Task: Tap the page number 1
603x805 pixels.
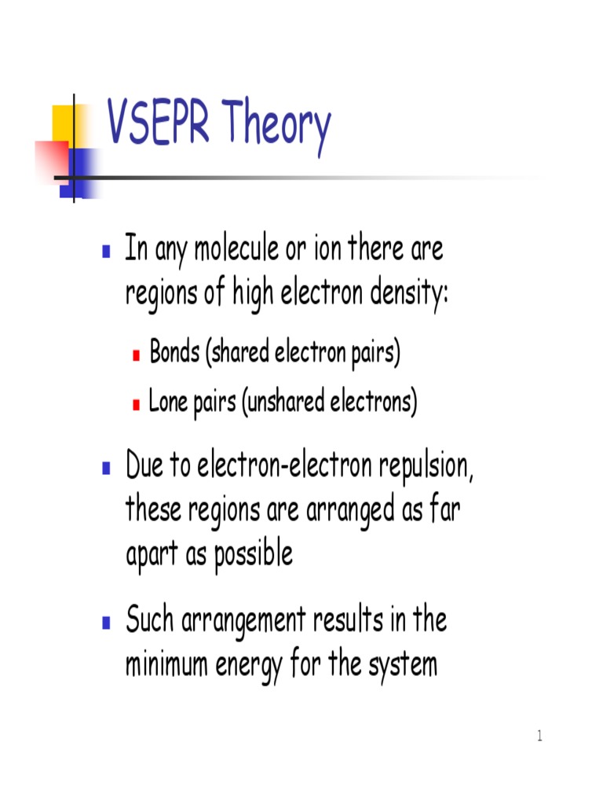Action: click(x=539, y=736)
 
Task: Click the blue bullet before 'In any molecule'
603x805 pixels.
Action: click(x=106, y=252)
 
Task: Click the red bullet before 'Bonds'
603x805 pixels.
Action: click(x=136, y=355)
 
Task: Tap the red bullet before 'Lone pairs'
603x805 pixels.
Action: click(x=136, y=405)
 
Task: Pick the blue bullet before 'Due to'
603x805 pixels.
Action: click(x=106, y=469)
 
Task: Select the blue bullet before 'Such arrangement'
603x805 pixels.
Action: click(x=106, y=623)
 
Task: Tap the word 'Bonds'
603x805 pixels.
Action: click(x=175, y=354)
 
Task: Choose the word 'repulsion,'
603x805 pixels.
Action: click(x=427, y=469)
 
